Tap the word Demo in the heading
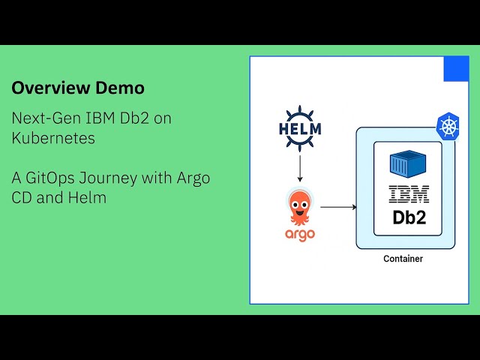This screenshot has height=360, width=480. [x=120, y=88]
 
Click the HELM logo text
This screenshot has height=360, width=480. [x=299, y=128]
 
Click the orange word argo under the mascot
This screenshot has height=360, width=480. [x=299, y=235]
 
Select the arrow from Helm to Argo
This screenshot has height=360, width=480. [x=300, y=166]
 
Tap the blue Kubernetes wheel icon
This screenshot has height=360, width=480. [x=449, y=125]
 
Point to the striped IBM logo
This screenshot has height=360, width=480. [x=409, y=195]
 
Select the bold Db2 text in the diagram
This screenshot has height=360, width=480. [x=409, y=218]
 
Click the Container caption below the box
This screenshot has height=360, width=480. [x=403, y=259]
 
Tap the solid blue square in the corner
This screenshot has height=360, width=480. [x=456, y=69]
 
